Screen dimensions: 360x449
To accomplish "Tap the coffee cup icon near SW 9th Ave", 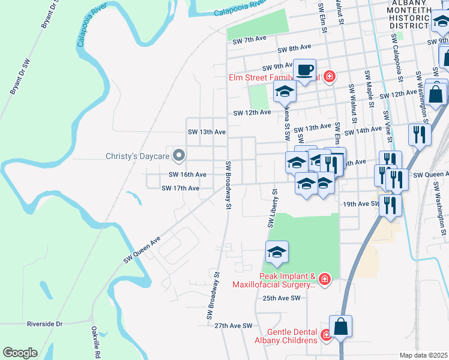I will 305,69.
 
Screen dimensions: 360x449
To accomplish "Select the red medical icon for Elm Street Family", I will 328,77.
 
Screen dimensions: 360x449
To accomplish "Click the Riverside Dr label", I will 44,324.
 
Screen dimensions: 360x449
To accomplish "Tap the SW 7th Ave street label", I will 249,39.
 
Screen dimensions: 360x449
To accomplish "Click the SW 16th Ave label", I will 188,175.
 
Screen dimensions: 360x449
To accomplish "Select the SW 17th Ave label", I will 181,188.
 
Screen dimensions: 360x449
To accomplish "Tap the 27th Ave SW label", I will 234,325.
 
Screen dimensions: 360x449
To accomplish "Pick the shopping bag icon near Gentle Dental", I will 340,327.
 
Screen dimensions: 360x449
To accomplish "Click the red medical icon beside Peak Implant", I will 325,279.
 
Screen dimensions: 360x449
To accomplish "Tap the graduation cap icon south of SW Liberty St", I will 277,253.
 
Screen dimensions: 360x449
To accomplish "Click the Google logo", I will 20,353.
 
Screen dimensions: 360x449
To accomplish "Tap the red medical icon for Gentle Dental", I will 326,335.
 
